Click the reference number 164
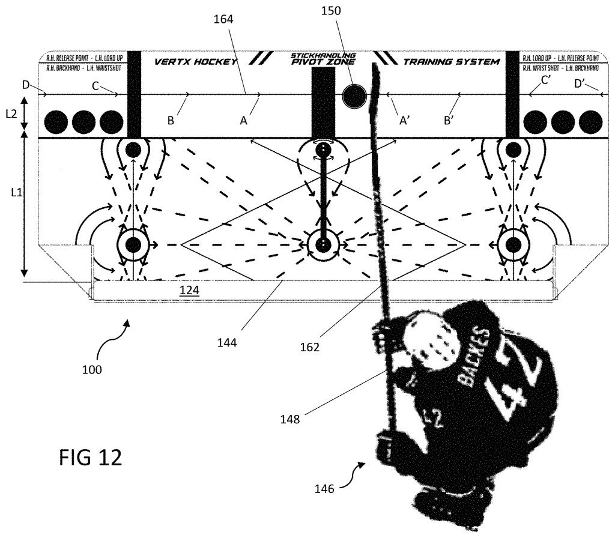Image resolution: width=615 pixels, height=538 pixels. (x=223, y=19)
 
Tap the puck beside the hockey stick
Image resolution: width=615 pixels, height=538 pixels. (x=354, y=94)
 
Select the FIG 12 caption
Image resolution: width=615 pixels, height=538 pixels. (x=91, y=458)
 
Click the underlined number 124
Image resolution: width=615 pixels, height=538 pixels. (x=190, y=291)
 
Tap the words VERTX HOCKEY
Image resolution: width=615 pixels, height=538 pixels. (x=196, y=61)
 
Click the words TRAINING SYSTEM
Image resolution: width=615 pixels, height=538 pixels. (x=451, y=61)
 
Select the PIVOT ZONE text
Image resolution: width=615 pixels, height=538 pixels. (x=323, y=62)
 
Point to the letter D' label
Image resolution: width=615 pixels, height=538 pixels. (x=580, y=85)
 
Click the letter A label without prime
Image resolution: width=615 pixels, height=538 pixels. (x=243, y=121)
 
